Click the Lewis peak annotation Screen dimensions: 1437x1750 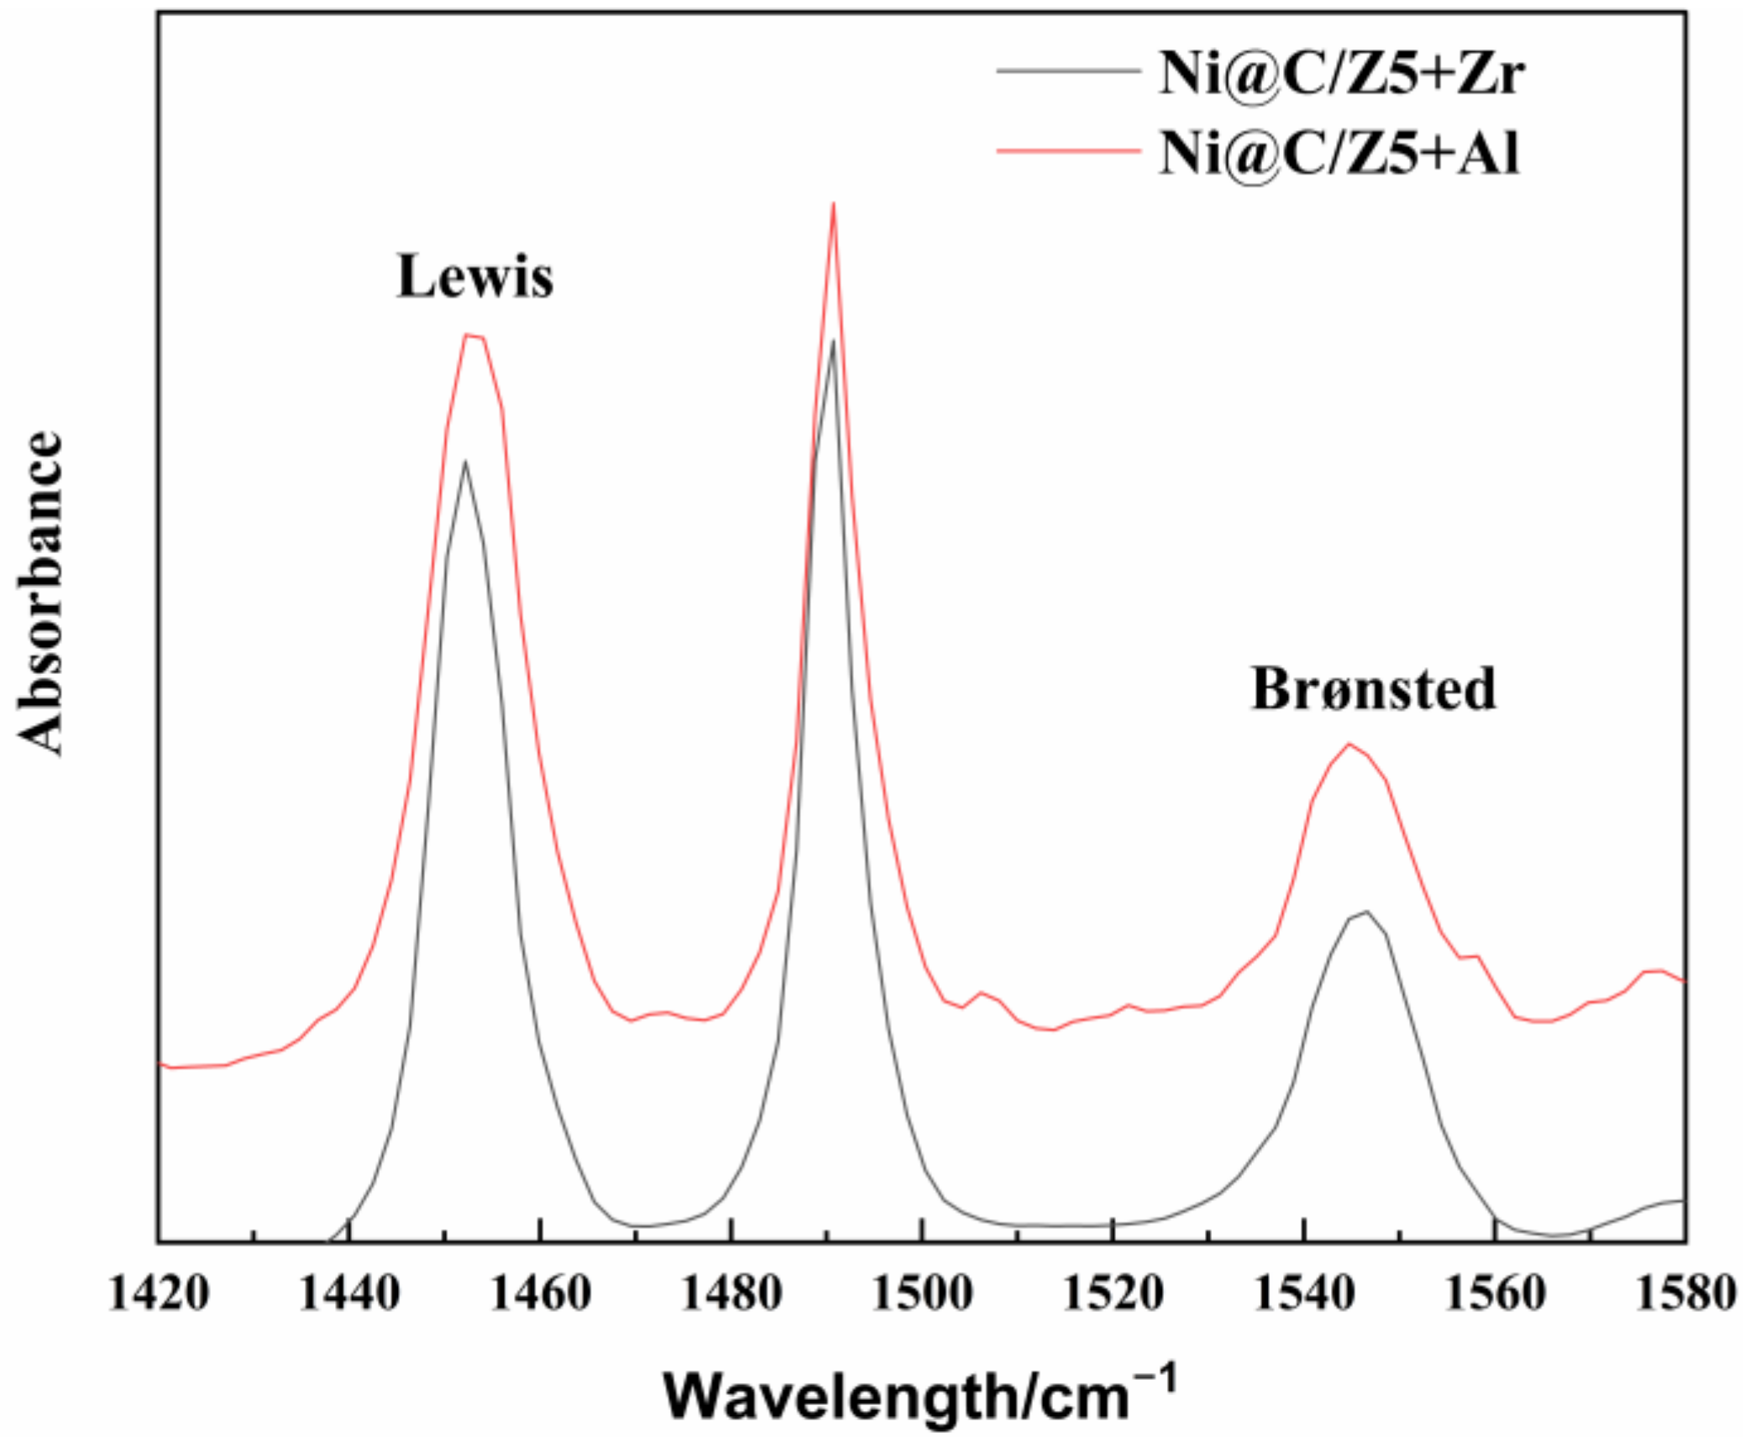(474, 276)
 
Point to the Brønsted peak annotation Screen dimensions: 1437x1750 (1374, 689)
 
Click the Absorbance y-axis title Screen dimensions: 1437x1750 (40, 593)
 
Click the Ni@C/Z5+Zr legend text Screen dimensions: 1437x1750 (1341, 73)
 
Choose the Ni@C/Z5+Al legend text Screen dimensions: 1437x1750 (1339, 153)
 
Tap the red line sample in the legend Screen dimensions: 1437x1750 (1068, 152)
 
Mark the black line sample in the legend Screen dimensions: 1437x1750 (1068, 71)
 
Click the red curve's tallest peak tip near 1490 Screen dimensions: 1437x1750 (833, 203)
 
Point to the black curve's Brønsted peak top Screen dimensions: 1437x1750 (1367, 912)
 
